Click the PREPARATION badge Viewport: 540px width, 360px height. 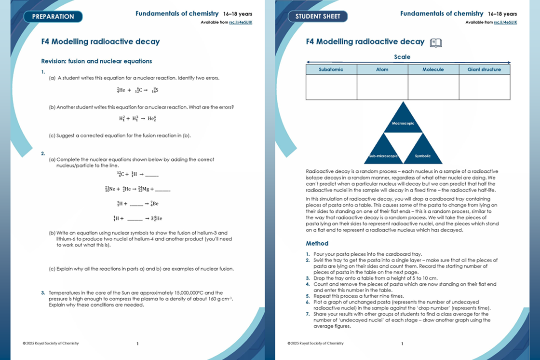point(53,16)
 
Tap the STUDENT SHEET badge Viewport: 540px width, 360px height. point(318,16)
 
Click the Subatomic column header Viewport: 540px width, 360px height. point(331,69)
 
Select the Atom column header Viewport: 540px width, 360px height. point(382,69)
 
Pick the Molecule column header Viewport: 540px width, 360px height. point(433,69)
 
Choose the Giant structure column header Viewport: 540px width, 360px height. point(484,69)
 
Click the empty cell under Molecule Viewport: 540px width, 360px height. point(433,87)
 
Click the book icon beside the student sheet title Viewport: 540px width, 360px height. point(435,42)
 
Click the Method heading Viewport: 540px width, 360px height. point(317,243)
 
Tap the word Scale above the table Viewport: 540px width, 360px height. point(402,57)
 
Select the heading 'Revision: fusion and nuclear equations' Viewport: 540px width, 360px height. point(96,61)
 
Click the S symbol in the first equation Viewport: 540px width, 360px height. point(157,90)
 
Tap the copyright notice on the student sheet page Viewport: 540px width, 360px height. point(315,344)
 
